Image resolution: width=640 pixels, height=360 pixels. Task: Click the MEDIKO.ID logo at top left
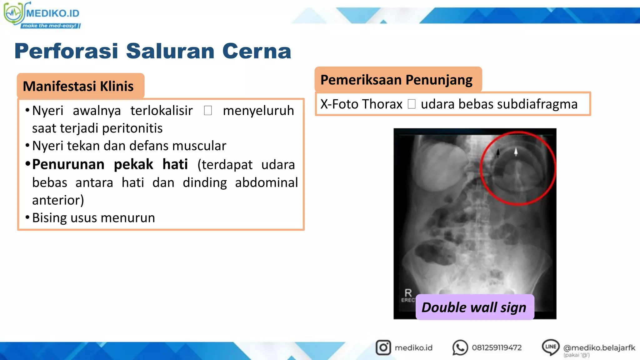(42, 15)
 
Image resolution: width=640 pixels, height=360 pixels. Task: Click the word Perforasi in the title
(66, 51)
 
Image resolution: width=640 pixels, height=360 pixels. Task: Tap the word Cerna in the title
(257, 51)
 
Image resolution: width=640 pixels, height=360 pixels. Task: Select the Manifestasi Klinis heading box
(80, 86)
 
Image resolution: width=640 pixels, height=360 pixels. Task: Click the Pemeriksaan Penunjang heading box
(397, 80)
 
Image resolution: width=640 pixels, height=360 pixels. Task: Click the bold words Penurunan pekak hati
(110, 164)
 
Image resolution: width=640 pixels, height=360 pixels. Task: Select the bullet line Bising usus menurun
(93, 218)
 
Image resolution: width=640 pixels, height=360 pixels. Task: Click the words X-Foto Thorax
(361, 104)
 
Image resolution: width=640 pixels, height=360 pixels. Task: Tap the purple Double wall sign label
(474, 307)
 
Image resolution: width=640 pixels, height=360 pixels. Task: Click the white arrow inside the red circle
(516, 152)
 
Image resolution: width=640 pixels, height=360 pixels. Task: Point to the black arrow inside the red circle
(498, 153)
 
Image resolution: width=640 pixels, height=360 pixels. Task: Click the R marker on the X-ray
(408, 293)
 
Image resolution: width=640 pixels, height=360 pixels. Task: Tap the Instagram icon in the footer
(383, 347)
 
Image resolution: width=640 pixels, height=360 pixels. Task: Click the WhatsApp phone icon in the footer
(460, 347)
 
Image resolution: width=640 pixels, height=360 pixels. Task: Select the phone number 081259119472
(497, 347)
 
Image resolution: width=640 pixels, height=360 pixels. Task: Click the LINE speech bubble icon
(550, 347)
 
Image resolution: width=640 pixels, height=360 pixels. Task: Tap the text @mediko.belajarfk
(599, 347)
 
